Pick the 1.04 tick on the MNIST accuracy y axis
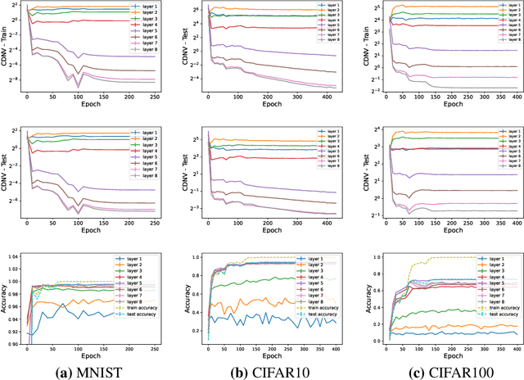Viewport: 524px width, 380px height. [x=13, y=256]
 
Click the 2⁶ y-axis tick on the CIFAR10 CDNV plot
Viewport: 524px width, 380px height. [x=197, y=11]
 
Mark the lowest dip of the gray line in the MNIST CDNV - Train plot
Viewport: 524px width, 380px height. [x=79, y=87]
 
